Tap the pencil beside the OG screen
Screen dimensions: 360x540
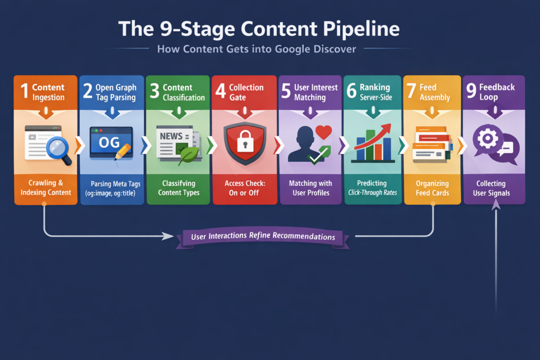122,150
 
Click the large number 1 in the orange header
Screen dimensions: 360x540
24,91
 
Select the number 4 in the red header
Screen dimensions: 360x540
220,91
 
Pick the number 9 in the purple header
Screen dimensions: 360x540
471,91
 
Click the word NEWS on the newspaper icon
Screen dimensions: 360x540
171,136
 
